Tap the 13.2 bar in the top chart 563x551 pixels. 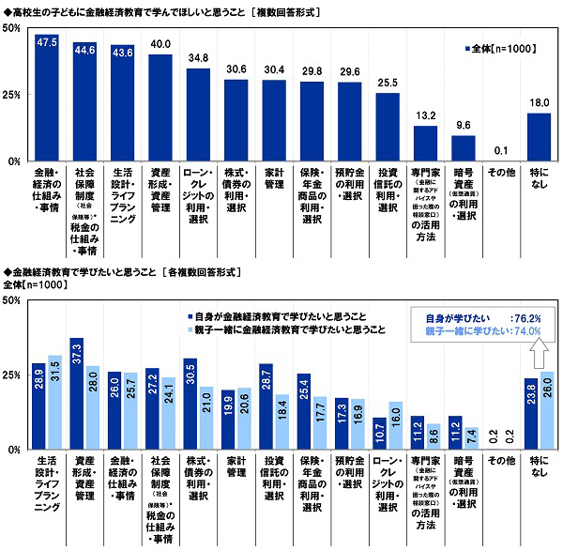pos(426,144)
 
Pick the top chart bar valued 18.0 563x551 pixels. pos(539,137)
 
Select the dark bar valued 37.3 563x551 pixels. pos(77,394)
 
